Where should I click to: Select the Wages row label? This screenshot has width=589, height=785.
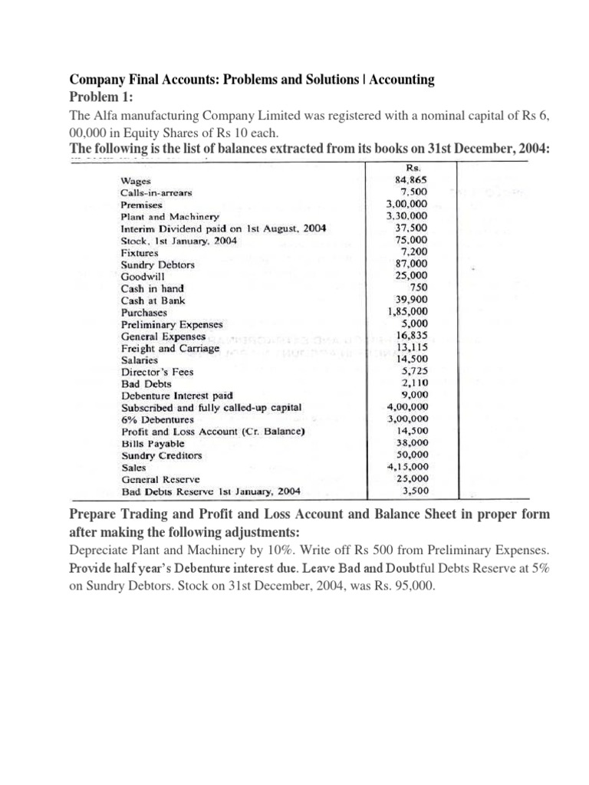(136, 180)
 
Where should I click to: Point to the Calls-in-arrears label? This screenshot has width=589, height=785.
(156, 192)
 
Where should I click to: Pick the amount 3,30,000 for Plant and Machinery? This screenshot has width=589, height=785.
(408, 216)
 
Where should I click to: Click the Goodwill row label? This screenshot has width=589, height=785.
(143, 276)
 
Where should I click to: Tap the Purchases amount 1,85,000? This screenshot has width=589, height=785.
(408, 312)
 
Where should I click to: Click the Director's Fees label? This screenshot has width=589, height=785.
(157, 372)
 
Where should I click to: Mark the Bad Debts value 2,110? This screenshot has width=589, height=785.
(414, 383)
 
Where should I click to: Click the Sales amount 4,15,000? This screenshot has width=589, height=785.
(408, 466)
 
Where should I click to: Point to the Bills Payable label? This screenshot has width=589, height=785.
(153, 443)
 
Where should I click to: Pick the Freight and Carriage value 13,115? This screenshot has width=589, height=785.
(412, 347)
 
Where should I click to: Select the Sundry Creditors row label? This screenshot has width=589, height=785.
(162, 455)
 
